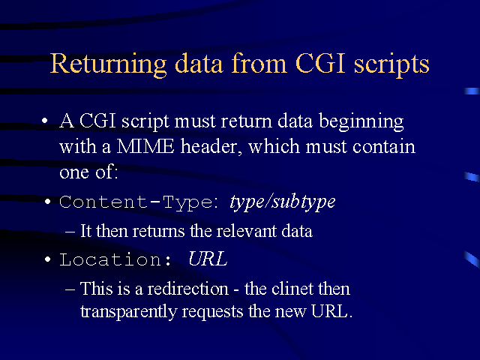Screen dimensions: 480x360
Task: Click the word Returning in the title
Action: [108, 64]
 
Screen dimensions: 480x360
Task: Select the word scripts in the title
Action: [391, 65]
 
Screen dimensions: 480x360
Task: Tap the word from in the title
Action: [259, 63]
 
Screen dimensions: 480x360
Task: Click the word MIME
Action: [145, 147]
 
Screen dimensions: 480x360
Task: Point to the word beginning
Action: [361, 121]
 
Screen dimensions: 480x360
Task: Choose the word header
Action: [208, 146]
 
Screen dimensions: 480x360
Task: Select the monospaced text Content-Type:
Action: [139, 202]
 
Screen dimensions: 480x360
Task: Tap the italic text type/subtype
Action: [282, 202]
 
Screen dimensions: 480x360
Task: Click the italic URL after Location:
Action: [208, 259]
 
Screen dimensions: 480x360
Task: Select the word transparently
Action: [129, 312]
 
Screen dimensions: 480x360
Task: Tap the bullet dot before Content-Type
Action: [47, 202]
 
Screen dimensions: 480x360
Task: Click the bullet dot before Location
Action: [47, 259]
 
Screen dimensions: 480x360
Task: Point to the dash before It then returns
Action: [70, 232]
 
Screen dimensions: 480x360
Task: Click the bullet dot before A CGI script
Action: [45, 120]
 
